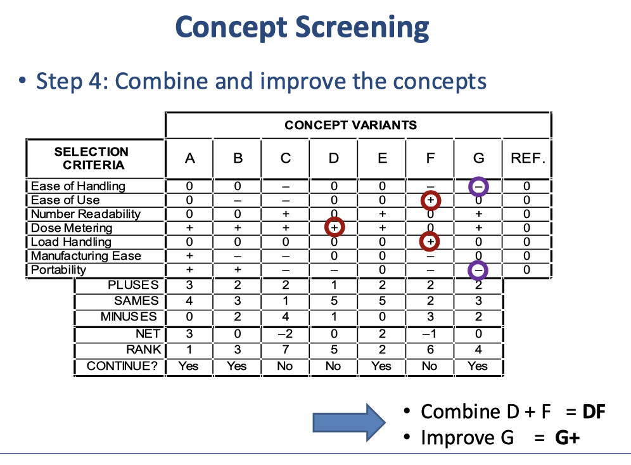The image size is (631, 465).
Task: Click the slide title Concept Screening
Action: point(302,28)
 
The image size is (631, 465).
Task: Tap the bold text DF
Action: point(594,412)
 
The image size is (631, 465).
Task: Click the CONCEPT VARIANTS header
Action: point(350,125)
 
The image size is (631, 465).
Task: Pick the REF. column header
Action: point(526,158)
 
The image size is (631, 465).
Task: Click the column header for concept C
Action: point(285,158)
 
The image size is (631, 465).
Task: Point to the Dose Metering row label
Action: point(71,228)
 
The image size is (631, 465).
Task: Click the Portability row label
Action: point(58,270)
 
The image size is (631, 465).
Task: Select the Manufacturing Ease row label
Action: point(86,256)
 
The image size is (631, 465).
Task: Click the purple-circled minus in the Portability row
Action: point(478,270)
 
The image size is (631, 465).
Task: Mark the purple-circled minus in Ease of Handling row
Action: point(478,186)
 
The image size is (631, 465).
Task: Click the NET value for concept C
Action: point(285,334)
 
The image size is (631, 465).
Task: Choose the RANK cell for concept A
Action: point(189,349)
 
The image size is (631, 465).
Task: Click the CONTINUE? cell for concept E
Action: point(381,366)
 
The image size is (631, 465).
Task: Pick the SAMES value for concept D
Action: point(333,300)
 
